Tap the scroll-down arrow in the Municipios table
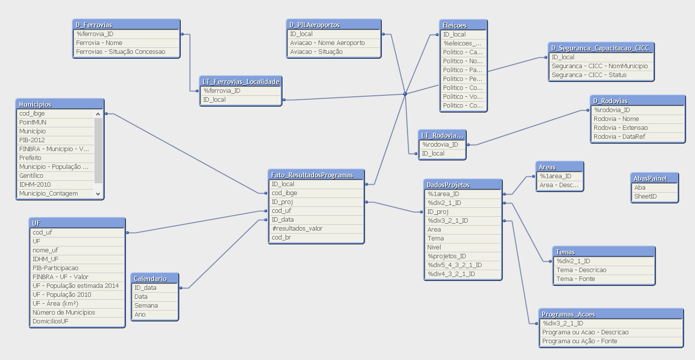98,194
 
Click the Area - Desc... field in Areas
560,185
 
